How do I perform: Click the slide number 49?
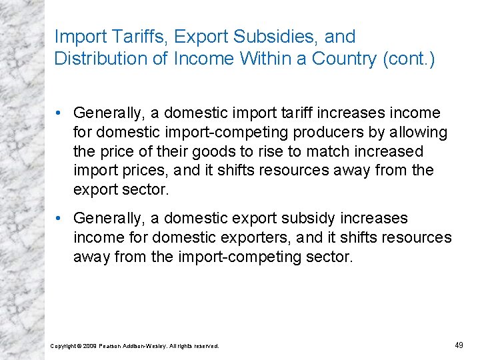(x=458, y=345)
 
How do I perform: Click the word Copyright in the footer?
(x=63, y=346)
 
